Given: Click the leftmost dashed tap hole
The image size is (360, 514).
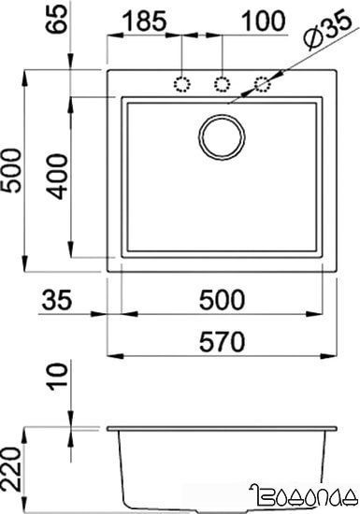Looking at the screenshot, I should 180,84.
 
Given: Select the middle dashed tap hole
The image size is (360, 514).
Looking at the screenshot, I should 222,84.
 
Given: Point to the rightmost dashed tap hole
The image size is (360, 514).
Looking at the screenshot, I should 264,84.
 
